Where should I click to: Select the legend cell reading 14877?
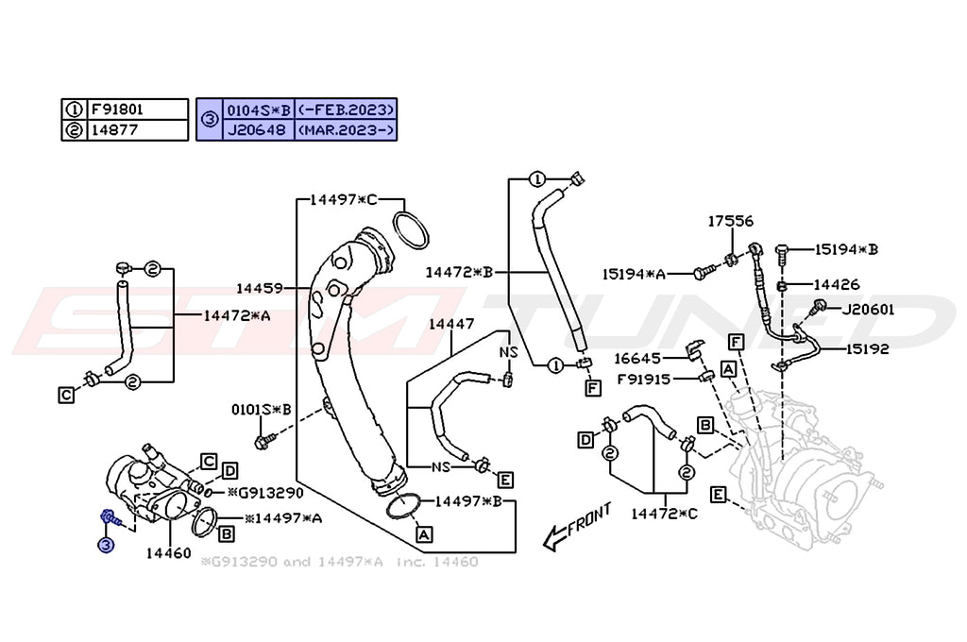[113, 130]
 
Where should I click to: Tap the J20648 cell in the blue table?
[258, 130]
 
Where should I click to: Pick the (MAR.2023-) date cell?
[346, 130]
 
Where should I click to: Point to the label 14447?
[450, 324]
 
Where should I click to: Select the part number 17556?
[731, 221]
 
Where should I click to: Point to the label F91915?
[643, 379]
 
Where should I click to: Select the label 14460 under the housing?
[169, 552]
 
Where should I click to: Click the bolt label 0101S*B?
[261, 410]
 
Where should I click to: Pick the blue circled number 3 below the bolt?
[106, 545]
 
